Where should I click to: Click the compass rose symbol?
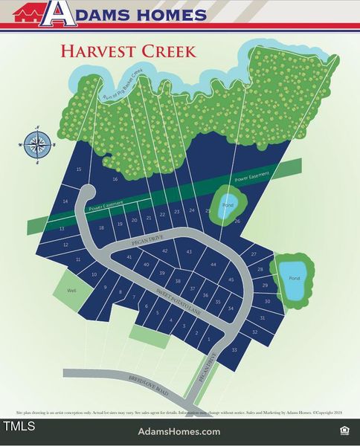[36, 145]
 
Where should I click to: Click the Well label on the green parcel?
[72, 291]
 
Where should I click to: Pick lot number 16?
[115, 180]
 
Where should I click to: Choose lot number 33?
[234, 349]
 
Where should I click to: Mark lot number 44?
[213, 265]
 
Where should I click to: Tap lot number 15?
[79, 169]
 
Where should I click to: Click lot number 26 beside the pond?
[237, 221]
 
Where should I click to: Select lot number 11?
[78, 259]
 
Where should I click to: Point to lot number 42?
[165, 251]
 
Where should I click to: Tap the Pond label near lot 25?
[228, 204]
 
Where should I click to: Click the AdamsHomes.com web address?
[179, 431]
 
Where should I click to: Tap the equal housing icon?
[344, 430]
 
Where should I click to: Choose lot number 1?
[209, 339]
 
